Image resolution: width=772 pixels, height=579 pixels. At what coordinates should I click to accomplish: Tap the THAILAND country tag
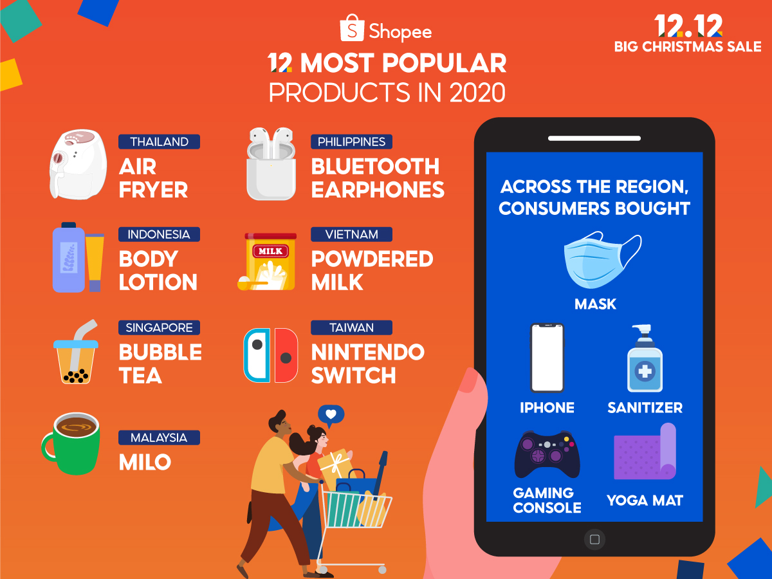coord(159,142)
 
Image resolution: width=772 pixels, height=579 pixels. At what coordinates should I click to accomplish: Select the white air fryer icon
coord(77,164)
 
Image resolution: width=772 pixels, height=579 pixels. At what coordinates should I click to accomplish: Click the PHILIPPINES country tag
coord(351,142)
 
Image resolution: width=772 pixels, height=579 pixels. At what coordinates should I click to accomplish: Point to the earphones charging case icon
coord(271,167)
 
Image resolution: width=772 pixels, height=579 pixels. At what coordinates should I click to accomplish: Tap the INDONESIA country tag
coord(159,234)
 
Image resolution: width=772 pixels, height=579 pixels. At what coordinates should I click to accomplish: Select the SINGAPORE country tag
coord(159,327)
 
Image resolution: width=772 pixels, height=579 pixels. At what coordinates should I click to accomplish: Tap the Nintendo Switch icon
coord(271,354)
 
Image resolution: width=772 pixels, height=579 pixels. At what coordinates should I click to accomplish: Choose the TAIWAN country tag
coord(351,327)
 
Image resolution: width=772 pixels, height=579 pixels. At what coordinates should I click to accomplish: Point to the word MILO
coord(145,462)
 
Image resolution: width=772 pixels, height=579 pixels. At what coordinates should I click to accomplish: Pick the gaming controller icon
coord(547,454)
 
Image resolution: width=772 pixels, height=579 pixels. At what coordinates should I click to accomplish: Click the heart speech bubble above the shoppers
coord(331,414)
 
